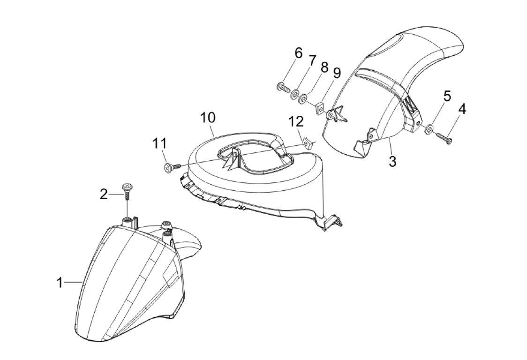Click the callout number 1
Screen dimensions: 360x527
tap(60, 283)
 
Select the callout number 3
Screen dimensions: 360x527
tap(392, 161)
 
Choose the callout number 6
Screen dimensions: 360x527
tap(298, 53)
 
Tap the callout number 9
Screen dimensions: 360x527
tap(337, 73)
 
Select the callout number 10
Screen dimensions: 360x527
tap(208, 117)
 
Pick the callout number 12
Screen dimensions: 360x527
tap(296, 122)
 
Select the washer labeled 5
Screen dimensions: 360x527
tap(429, 129)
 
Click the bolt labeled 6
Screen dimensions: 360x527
tap(281, 87)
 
